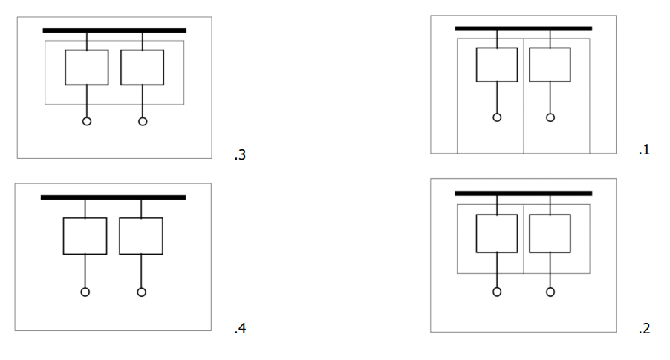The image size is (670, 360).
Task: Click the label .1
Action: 644,150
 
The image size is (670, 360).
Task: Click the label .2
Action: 644,328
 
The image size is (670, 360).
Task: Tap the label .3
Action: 240,155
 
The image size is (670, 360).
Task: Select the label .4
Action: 240,328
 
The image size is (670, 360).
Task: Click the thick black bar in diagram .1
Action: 524,29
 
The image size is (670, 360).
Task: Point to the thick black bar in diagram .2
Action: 524,194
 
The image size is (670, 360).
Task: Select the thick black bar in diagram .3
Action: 114,30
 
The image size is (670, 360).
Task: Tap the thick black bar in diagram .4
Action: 113,197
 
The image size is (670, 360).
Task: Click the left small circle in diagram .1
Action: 497,113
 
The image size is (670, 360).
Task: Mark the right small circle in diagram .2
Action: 550,288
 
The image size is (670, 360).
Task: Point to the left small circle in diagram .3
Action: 87,117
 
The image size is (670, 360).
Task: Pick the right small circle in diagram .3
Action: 143,117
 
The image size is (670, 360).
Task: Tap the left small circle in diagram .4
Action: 85,288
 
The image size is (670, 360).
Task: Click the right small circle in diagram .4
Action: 141,288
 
